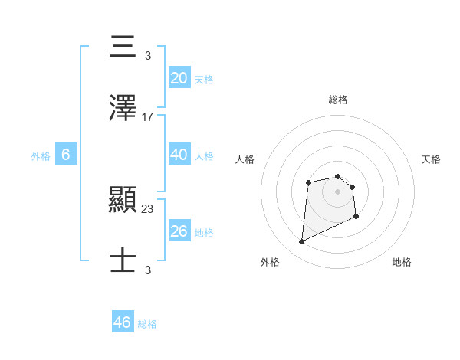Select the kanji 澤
pos(123,109)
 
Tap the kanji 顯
pos(123,201)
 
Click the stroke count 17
pos(148,117)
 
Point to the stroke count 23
pos(148,208)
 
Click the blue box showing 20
pos(179,78)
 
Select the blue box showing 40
pos(179,155)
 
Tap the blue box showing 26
pos(179,231)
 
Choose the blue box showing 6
pos(66,155)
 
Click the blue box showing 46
pos(123,322)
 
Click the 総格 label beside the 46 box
pos(147,324)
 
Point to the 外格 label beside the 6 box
pos(41,155)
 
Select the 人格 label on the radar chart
pos(245,159)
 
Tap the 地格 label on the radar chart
pos(402,262)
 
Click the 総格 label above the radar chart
pos(337,100)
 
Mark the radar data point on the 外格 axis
pos(301,242)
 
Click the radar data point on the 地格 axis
pos(356,217)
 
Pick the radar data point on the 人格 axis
pos(308,182)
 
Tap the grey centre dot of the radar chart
pos(337,191)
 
